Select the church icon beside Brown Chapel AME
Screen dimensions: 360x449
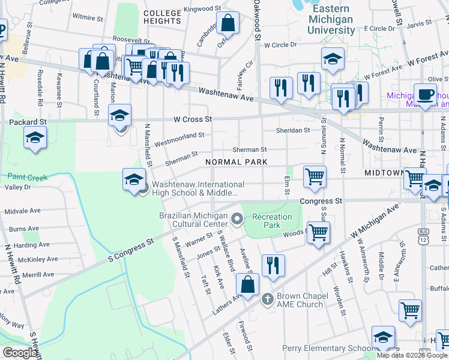[x=268, y=298]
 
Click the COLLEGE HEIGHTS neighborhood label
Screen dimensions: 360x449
[x=162, y=17]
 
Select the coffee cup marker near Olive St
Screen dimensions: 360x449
[x=426, y=95]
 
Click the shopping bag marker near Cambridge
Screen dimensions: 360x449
[x=228, y=24]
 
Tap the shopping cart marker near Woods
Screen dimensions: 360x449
[x=318, y=232]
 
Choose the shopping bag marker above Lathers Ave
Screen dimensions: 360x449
[x=248, y=285]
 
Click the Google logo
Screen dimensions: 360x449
[x=20, y=353]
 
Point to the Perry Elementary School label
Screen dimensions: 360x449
[x=328, y=349]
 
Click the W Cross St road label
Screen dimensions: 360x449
[x=193, y=119]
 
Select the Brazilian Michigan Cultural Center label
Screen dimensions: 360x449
[x=194, y=220]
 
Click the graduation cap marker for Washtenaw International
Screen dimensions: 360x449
[x=134, y=178]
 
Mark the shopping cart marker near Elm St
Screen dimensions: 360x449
[x=315, y=176]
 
